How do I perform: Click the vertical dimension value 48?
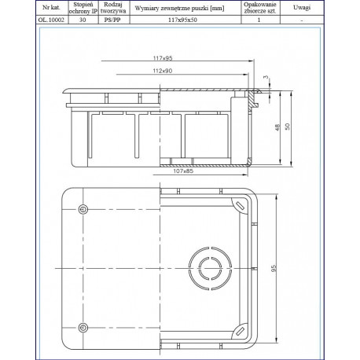click(x=277, y=127)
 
